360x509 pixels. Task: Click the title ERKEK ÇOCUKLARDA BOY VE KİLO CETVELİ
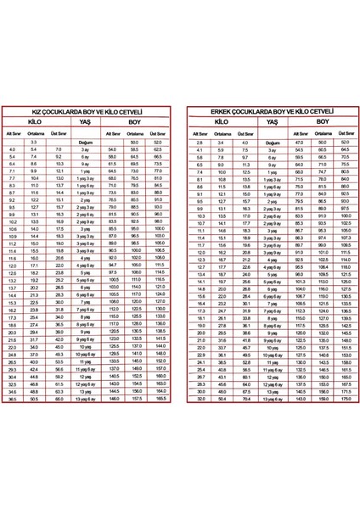point(271,112)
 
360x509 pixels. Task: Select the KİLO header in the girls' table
point(38,122)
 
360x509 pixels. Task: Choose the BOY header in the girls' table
point(135,122)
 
